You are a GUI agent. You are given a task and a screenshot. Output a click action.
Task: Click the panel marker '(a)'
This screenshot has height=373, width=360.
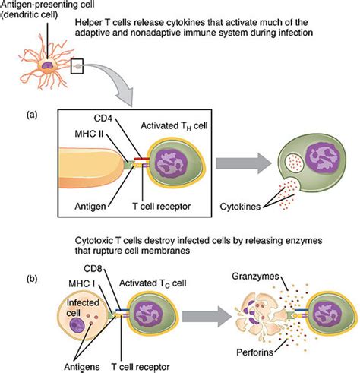pos(30,115)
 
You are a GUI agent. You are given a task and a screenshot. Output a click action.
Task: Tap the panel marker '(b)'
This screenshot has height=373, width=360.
pos(30,279)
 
